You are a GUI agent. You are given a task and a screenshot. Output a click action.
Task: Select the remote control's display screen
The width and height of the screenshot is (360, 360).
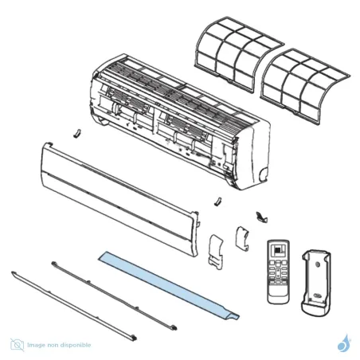tap(279, 250)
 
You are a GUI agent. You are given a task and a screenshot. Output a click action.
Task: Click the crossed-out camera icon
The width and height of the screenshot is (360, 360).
tap(18, 344)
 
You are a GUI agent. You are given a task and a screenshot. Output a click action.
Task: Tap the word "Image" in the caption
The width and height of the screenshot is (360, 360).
tap(37, 345)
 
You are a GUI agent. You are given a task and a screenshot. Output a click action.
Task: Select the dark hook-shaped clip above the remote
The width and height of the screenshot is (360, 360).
tap(259, 216)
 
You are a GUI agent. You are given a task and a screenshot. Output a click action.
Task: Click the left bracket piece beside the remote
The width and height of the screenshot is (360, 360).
tap(214, 250)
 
